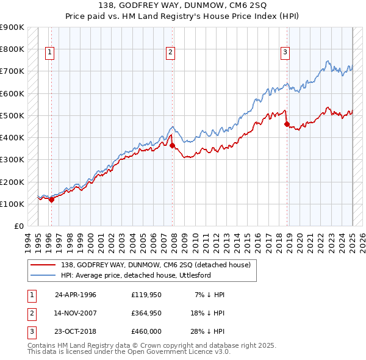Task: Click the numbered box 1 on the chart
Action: point(49,53)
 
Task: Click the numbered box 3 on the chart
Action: point(284,53)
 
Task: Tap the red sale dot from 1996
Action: point(51,199)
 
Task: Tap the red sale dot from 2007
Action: point(172,145)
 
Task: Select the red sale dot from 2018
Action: point(287,124)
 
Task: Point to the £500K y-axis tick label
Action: point(12,115)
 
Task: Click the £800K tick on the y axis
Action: point(12,49)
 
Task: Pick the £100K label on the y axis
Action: point(12,204)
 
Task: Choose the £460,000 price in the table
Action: point(146,333)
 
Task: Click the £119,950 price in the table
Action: point(146,295)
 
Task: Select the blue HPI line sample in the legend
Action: point(43,275)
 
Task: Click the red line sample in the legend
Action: point(43,265)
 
